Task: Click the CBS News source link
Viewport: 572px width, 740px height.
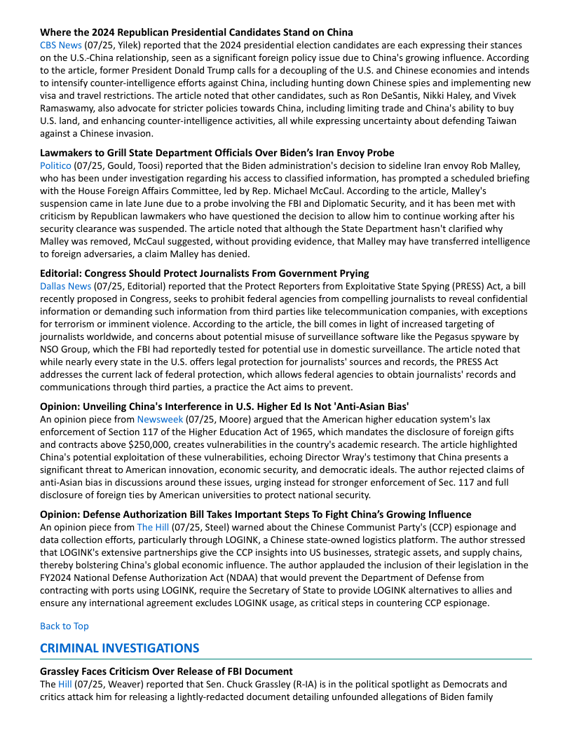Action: tap(60, 45)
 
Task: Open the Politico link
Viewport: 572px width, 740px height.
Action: tap(55, 165)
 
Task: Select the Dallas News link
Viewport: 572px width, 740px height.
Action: tap(65, 286)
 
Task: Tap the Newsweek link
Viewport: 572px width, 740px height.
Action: tap(159, 419)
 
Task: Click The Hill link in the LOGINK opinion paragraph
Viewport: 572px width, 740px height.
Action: tap(154, 527)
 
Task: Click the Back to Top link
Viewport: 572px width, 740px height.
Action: tap(64, 626)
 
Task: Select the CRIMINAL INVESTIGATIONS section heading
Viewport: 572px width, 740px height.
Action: tap(119, 648)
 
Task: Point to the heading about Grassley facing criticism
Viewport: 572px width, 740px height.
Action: tap(166, 671)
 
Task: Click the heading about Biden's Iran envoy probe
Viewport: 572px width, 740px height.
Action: tap(217, 153)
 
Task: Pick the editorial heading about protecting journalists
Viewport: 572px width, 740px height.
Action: tap(204, 273)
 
